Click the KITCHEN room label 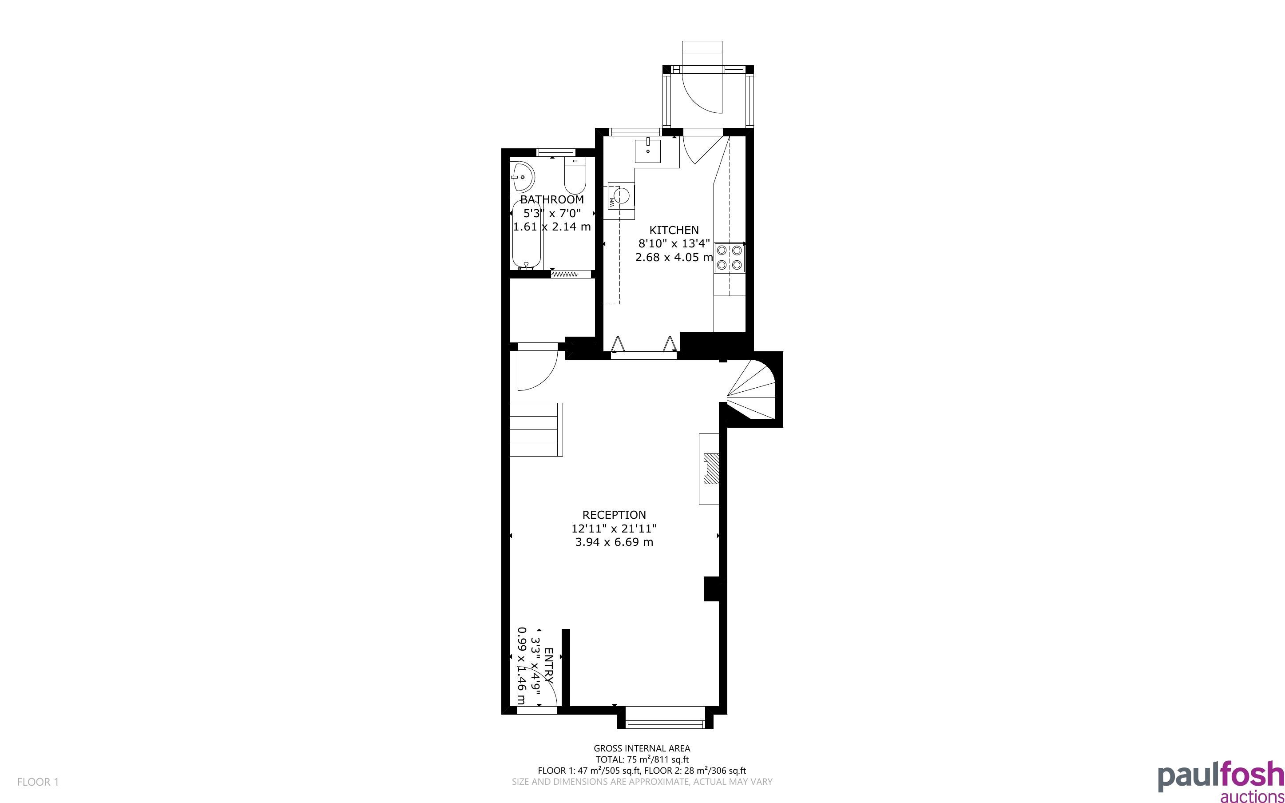coord(674,230)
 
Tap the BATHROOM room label coord(552,200)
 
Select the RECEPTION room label coord(614,515)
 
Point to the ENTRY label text coord(549,665)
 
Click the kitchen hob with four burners coord(729,257)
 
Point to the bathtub coord(527,234)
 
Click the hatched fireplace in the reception coord(711,469)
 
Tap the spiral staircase coord(751,389)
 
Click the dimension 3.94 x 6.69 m coord(614,542)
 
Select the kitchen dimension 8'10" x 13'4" coord(674,244)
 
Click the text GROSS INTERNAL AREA coord(642,748)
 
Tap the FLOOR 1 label coord(38,782)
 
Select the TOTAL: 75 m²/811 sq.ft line coord(642,759)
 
